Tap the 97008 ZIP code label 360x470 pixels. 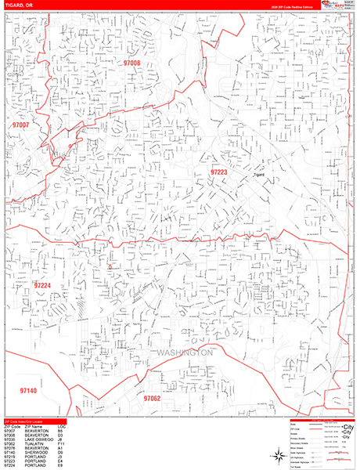(x=131, y=63)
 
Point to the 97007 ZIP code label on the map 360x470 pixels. (x=20, y=125)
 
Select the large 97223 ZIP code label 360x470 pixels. (x=218, y=172)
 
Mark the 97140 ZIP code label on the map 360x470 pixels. (x=28, y=390)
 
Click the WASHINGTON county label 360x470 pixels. (x=185, y=353)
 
